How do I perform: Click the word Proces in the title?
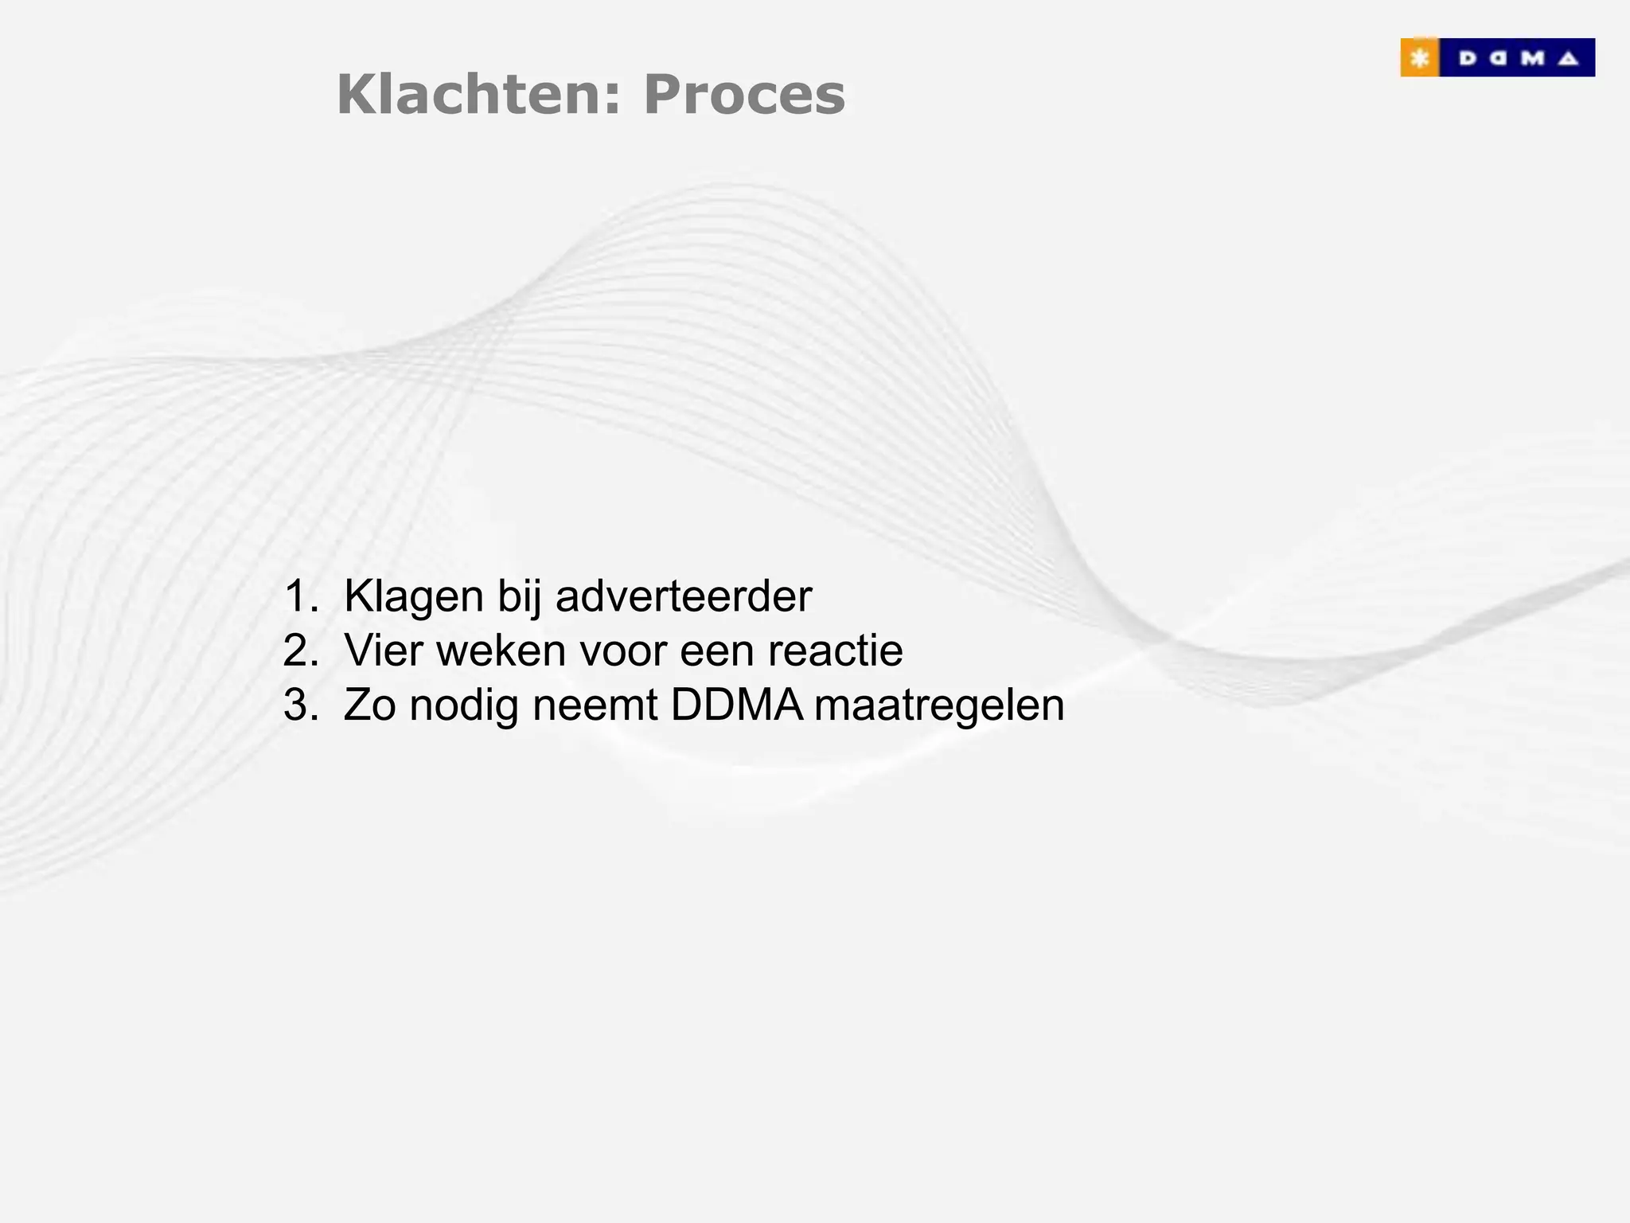tap(744, 95)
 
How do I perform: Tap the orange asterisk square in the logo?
tap(1419, 58)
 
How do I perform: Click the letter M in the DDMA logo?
tap(1533, 58)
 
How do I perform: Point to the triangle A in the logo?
tap(1568, 58)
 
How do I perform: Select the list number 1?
tap(299, 596)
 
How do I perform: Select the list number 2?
tap(299, 651)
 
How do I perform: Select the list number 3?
tap(299, 705)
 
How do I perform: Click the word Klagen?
tap(414, 596)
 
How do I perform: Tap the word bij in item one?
tap(519, 596)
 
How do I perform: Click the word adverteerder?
tap(684, 596)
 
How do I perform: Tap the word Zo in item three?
tap(369, 705)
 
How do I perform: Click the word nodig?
tap(464, 705)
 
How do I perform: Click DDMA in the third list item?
tap(736, 705)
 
